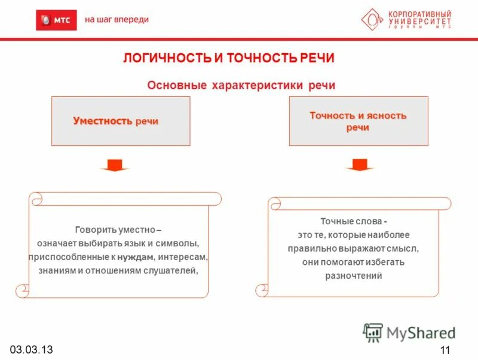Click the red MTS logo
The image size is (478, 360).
pos(56,20)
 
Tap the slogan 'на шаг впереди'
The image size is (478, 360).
pos(117,20)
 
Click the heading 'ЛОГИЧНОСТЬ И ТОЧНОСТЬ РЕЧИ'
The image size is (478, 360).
pos(229,58)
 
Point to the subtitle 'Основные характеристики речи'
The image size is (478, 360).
pos(241,85)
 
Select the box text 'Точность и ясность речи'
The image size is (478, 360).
pos(358,121)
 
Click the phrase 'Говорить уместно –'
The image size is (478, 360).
pos(118,230)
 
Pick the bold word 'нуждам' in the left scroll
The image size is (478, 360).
pos(135,257)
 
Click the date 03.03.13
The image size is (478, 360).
pos(30,349)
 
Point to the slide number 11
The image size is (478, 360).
pos(444,350)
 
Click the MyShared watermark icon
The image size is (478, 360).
pos(373,332)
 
